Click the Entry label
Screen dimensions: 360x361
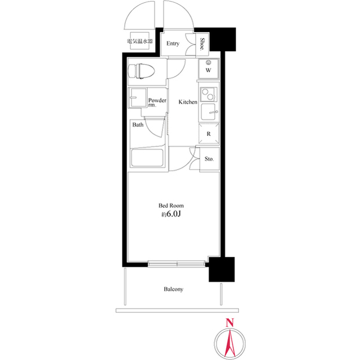pyautogui.click(x=173, y=43)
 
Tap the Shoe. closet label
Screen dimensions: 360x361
pyautogui.click(x=202, y=43)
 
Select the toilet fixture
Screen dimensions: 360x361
pyautogui.click(x=141, y=71)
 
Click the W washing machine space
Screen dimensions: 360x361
pyautogui.click(x=208, y=70)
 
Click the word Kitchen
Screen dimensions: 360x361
pyautogui.click(x=188, y=102)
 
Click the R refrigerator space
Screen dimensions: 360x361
pyautogui.click(x=208, y=134)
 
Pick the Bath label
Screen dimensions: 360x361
pyautogui.click(x=138, y=125)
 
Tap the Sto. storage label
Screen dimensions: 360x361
pyautogui.click(x=209, y=159)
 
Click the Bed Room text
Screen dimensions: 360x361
pyautogui.click(x=171, y=206)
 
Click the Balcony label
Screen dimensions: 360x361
pyautogui.click(x=173, y=289)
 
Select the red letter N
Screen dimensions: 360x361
pyautogui.click(x=229, y=323)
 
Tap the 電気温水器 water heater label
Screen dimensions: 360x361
pyautogui.click(x=139, y=42)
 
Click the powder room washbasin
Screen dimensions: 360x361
pyautogui.click(x=137, y=98)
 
